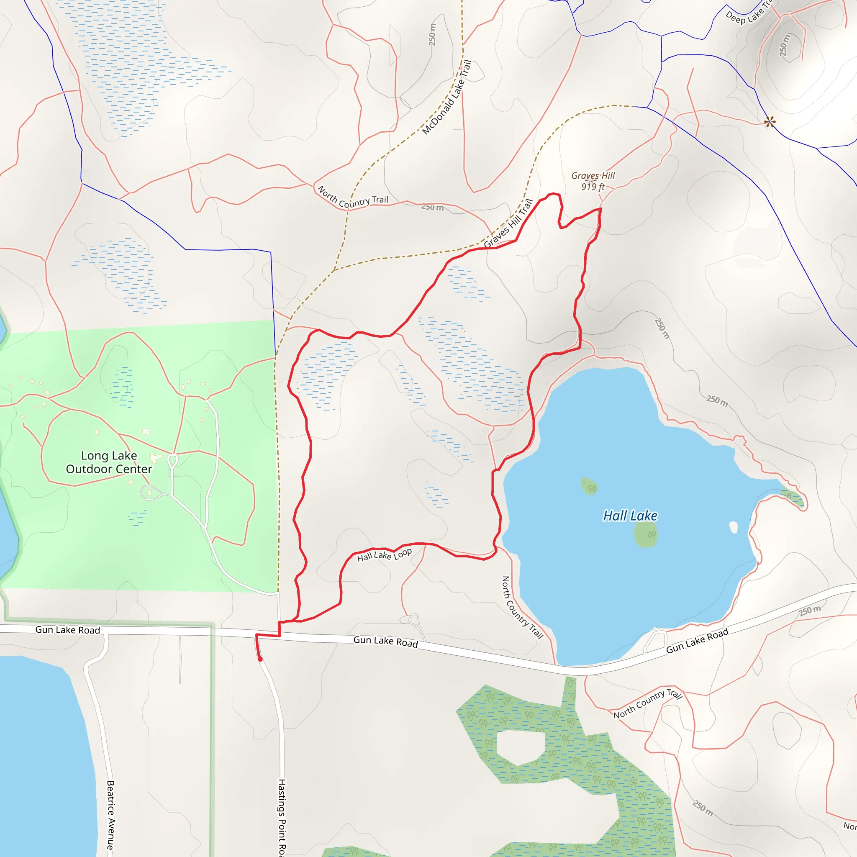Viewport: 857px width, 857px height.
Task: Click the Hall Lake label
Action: pyautogui.click(x=630, y=516)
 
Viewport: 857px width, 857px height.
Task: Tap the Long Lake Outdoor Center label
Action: pyautogui.click(x=109, y=462)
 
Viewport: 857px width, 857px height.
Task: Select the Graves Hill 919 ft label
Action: pyautogui.click(x=593, y=181)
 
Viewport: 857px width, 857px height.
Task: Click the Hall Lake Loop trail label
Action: pyautogui.click(x=385, y=554)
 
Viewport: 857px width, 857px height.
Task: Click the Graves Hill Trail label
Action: pyautogui.click(x=508, y=223)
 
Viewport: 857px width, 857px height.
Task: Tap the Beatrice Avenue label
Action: pyautogui.click(x=110, y=815)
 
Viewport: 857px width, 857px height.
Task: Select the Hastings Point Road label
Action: pyautogui.click(x=282, y=816)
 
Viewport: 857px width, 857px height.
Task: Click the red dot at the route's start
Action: pyautogui.click(x=260, y=659)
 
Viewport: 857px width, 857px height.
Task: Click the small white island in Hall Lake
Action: pyautogui.click(x=733, y=527)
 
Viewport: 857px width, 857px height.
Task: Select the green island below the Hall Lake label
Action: pyautogui.click(x=646, y=534)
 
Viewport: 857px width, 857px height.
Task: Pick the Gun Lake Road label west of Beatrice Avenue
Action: pyautogui.click(x=67, y=630)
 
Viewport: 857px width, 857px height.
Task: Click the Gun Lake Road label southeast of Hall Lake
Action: pyautogui.click(x=697, y=641)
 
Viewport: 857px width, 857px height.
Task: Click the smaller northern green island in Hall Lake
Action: pyautogui.click(x=589, y=486)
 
